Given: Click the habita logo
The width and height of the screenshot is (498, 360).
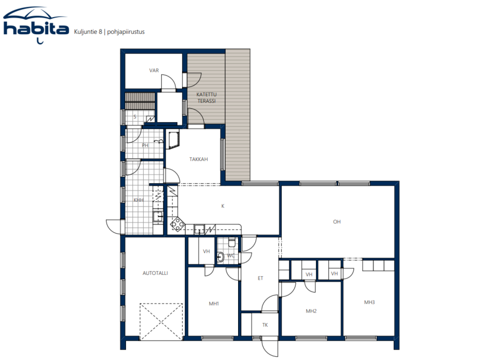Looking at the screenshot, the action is (35, 25).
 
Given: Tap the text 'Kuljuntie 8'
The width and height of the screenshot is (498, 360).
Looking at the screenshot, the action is (88, 32).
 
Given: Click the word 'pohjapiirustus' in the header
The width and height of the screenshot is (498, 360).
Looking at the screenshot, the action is (126, 32).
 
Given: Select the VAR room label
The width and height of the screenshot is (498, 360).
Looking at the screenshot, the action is (154, 70).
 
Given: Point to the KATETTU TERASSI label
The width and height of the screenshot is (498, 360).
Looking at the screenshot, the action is (207, 98).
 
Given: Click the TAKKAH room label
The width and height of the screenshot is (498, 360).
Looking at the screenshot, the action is (198, 159).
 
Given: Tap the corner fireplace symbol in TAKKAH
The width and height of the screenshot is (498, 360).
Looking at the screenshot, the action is (174, 140).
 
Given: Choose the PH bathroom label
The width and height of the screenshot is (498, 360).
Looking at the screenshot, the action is (145, 145).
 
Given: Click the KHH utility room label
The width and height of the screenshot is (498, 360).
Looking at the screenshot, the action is (139, 200).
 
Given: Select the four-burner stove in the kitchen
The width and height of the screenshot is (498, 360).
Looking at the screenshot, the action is (178, 224).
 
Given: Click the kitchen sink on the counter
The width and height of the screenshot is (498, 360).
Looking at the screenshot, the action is (200, 229).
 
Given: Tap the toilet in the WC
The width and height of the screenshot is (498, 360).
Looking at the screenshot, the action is (231, 243).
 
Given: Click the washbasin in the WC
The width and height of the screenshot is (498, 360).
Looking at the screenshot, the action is (220, 257).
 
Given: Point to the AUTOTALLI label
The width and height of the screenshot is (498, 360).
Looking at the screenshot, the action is (155, 273).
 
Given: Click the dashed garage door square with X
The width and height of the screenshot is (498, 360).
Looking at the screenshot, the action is (161, 322).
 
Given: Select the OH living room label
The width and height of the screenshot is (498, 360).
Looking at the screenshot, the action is (337, 222).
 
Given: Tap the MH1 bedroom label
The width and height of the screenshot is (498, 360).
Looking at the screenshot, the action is (214, 304).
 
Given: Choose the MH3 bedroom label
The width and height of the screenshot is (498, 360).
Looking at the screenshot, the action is (370, 302).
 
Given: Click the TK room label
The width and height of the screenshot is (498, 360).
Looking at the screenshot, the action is (265, 325).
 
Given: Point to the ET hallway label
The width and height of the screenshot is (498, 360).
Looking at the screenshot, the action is (260, 278).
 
